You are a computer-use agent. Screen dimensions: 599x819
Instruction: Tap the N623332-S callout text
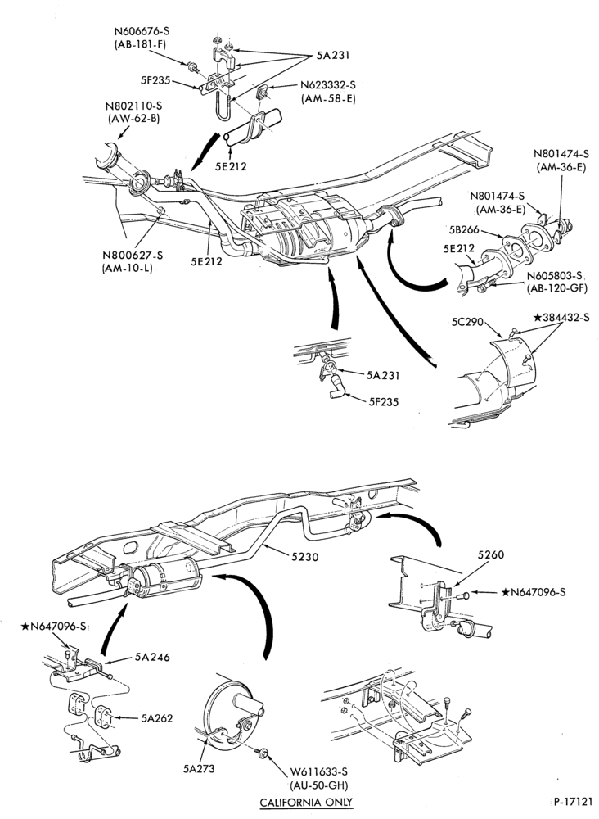328,85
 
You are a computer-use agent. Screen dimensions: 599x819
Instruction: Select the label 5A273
199,768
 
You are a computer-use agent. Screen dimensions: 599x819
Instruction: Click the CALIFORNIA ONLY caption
306,802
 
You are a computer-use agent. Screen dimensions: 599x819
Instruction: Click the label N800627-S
133,256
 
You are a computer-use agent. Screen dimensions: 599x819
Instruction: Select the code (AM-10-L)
128,269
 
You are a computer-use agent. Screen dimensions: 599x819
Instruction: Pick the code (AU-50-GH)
319,785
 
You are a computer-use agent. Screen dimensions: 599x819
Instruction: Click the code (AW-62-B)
133,118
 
